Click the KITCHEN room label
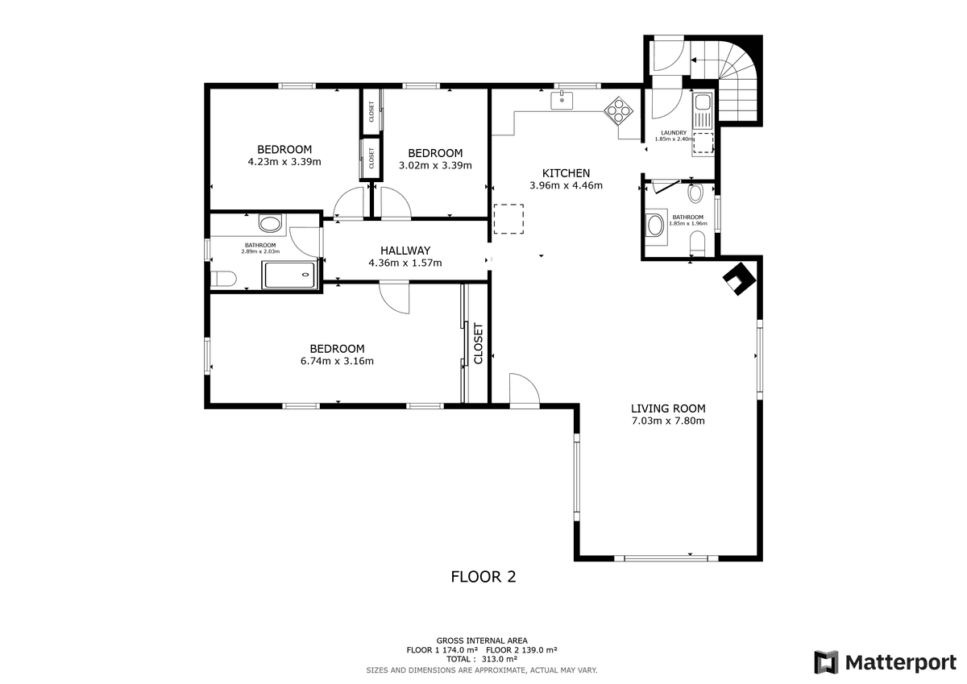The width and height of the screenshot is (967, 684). (566, 173)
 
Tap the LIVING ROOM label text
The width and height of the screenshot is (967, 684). (668, 408)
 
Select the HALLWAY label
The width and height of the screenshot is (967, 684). (405, 251)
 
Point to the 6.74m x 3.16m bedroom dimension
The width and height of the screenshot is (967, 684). (337, 361)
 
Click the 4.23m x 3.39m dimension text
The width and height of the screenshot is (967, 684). (284, 162)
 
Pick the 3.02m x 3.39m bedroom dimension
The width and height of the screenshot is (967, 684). (435, 165)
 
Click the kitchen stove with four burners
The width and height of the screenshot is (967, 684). (618, 110)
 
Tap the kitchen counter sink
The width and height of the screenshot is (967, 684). (562, 101)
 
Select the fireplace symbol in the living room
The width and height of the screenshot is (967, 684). (739, 279)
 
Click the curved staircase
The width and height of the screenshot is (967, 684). (725, 82)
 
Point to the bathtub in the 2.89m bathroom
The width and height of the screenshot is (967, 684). (290, 275)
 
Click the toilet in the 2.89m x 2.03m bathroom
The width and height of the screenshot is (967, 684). (223, 278)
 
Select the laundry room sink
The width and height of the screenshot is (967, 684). (703, 110)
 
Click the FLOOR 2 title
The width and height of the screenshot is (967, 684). (483, 577)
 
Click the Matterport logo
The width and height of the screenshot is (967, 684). (886, 662)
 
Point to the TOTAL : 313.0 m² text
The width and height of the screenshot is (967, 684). (482, 659)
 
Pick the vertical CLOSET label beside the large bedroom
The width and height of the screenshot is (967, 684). (479, 343)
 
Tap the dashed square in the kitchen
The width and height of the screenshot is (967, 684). (509, 219)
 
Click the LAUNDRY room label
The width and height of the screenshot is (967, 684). (674, 133)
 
